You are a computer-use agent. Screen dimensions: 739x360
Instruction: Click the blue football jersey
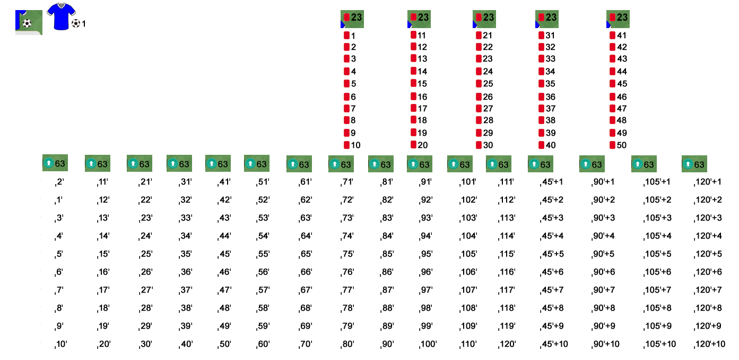pos(61,16)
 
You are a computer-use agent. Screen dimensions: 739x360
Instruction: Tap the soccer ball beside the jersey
pos(75,23)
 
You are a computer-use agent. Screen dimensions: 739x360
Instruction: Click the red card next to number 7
pos(346,109)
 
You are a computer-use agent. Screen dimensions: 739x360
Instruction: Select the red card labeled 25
pos(479,84)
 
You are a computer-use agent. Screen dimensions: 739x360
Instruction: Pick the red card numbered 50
pos(612,145)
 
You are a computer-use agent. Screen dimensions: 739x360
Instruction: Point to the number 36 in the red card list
pos(550,97)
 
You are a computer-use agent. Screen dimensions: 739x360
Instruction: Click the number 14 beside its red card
pos(422,72)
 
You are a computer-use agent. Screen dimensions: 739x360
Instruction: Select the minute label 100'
pos(428,344)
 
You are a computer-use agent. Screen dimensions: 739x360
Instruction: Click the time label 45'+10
pos(554,344)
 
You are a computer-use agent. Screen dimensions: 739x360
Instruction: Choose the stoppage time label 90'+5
pos(603,254)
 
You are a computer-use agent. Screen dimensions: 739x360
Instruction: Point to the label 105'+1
pos(657,182)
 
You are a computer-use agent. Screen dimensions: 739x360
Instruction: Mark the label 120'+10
pos(709,344)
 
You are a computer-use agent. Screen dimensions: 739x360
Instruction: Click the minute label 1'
pos(58,200)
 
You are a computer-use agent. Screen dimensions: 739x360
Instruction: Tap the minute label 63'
pos(305,218)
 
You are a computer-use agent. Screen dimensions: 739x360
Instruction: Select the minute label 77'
pos(347,290)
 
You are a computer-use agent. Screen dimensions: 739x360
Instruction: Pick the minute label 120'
pos(507,344)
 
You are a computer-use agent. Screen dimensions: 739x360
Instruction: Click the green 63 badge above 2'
pos(55,163)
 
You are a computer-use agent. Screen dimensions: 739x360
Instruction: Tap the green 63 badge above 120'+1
pos(694,164)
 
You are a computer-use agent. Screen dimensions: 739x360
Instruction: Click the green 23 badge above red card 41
pos(618,19)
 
